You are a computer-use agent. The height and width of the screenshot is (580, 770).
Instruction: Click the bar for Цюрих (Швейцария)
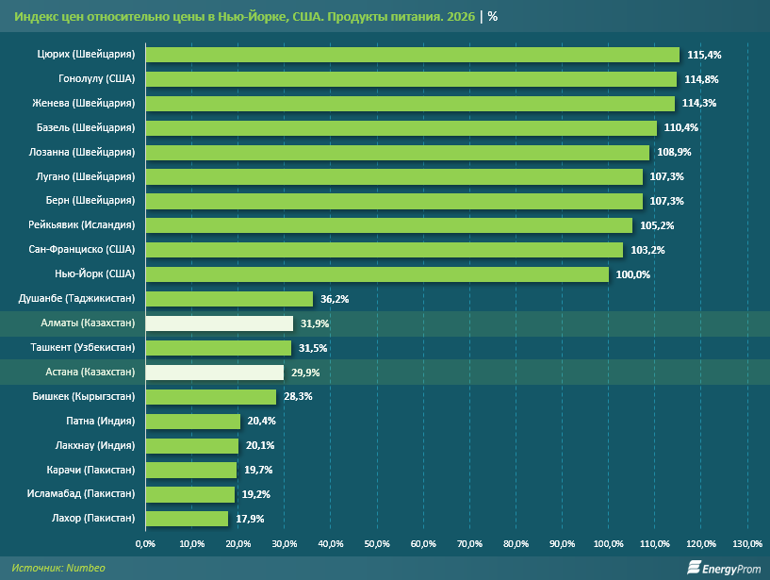(x=412, y=55)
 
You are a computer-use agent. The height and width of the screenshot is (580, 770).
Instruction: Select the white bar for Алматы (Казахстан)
(x=219, y=323)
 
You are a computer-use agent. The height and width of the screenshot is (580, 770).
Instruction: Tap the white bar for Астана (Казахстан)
(x=214, y=373)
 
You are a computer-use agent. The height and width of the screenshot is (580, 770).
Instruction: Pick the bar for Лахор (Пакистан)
(x=187, y=519)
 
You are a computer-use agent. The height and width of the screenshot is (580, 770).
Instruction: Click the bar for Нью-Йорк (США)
(x=376, y=274)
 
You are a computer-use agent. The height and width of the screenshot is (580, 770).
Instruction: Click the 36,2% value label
(x=335, y=299)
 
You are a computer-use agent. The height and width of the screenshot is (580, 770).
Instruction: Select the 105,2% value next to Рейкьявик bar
(x=655, y=225)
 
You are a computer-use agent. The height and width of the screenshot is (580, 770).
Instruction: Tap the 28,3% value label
(x=298, y=397)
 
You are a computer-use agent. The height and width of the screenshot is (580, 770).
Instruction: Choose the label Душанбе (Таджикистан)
(x=77, y=299)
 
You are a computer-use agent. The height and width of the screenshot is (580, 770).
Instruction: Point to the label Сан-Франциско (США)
(x=82, y=250)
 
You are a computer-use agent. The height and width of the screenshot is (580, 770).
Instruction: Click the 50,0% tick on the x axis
(x=377, y=544)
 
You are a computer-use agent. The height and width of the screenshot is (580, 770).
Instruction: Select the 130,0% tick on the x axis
(x=747, y=544)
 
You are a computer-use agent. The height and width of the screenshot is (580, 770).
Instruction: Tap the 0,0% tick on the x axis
(x=145, y=544)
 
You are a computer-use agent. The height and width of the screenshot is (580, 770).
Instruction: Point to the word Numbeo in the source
(x=86, y=568)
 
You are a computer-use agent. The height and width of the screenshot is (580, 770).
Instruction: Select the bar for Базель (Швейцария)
(x=401, y=128)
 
